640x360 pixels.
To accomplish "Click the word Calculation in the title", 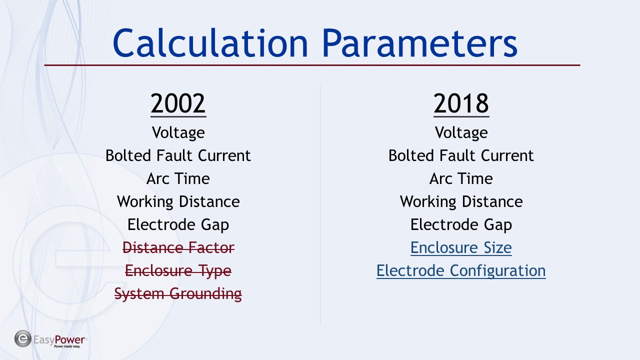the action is pyautogui.click(x=210, y=43).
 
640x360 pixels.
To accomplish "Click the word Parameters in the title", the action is pyautogui.click(x=419, y=43).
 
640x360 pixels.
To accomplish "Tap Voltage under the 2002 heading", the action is pyautogui.click(x=178, y=133).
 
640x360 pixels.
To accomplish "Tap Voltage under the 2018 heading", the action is pyautogui.click(x=461, y=133).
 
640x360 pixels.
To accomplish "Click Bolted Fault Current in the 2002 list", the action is pyautogui.click(x=178, y=155).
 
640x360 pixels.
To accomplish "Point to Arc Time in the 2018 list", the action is pyautogui.click(x=461, y=178).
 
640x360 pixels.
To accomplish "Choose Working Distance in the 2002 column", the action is pyautogui.click(x=178, y=201).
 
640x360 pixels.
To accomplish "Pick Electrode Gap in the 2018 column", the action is pyautogui.click(x=461, y=225).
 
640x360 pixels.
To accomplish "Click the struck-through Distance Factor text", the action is pyautogui.click(x=178, y=247).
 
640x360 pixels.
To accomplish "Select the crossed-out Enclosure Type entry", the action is pyautogui.click(x=178, y=271).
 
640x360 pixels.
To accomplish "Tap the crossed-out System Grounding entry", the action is pyautogui.click(x=178, y=294).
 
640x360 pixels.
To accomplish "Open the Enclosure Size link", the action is pyautogui.click(x=461, y=247).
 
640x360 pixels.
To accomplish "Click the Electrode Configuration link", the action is pyautogui.click(x=461, y=271).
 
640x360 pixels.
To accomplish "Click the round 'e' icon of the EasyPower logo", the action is pyautogui.click(x=23, y=339).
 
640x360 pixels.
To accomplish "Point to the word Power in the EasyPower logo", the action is pyautogui.click(x=69, y=339).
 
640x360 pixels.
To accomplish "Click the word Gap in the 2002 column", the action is pyautogui.click(x=215, y=225).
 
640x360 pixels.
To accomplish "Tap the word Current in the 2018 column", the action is pyautogui.click(x=507, y=155).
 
